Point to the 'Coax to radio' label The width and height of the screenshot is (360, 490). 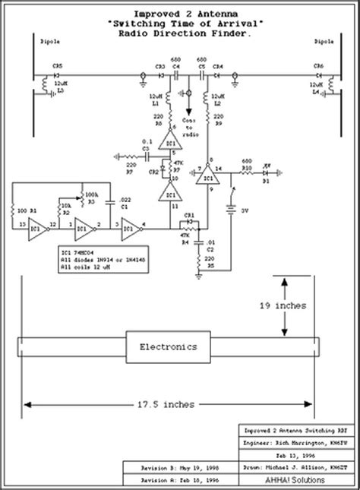point(191,127)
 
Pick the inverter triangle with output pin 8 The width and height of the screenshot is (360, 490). point(204,178)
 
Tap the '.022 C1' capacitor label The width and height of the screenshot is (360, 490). point(115,202)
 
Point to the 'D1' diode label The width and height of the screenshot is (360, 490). point(266,183)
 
